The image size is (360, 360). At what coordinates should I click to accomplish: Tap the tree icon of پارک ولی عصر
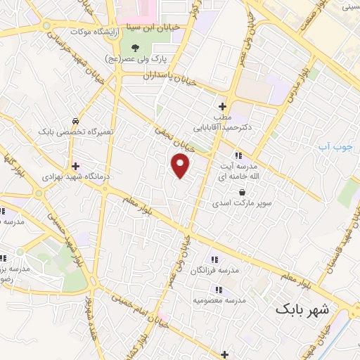136,49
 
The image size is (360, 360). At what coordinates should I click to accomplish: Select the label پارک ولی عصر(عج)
149,60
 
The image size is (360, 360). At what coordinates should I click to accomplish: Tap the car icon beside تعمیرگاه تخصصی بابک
75,120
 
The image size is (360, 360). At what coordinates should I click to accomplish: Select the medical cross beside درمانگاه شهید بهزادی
75,167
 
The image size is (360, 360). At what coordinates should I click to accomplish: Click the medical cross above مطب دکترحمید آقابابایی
223,106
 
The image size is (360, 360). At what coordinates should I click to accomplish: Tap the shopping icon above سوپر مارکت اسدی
243,192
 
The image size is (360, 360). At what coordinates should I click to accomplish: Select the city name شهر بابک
302,308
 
